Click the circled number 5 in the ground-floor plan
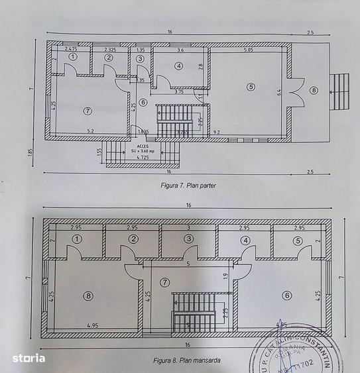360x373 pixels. (251, 86)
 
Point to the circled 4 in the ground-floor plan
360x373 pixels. (179, 65)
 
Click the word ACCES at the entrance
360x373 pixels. (143, 144)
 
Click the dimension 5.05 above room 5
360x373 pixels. (248, 50)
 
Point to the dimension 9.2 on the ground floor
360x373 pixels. (216, 133)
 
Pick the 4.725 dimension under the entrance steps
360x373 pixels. (143, 158)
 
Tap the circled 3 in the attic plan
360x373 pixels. (190, 239)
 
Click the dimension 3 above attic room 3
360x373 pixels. (188, 227)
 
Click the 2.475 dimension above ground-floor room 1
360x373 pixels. (72, 50)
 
